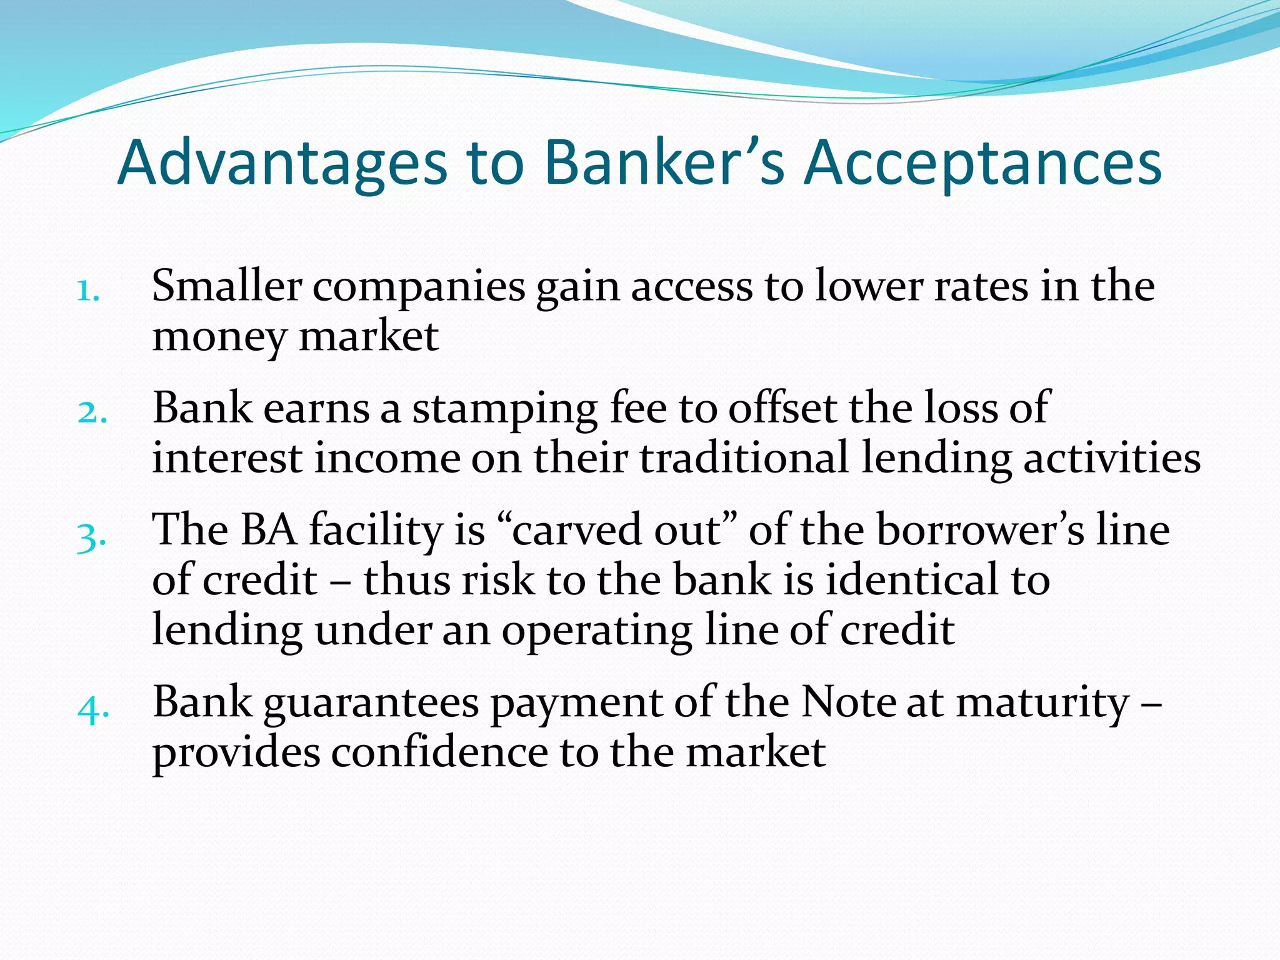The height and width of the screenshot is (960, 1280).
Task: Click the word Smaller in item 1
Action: coord(227,286)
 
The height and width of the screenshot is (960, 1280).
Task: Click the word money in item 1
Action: coord(219,337)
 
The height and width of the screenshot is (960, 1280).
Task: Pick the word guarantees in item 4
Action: coord(371,703)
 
